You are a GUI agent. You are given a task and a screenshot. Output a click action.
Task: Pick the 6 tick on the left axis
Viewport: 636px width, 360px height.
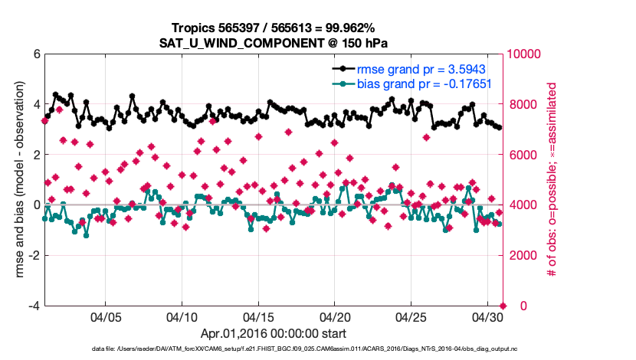[x=36, y=54]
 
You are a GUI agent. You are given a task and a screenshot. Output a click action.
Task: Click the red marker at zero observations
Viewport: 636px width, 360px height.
[x=503, y=306]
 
